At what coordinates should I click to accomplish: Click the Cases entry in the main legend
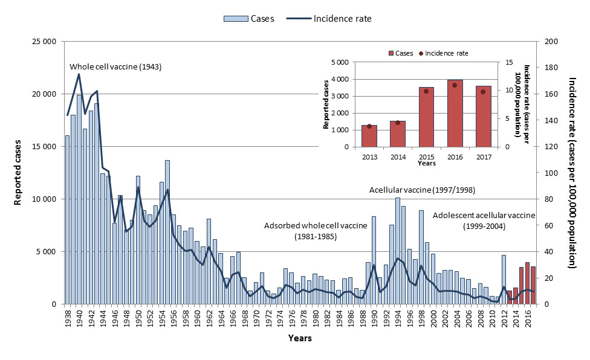[x=249, y=18]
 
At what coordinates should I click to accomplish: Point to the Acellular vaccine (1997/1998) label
[x=423, y=190]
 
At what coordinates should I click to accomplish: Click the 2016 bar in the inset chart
[x=455, y=113]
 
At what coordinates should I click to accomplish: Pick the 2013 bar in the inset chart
[x=369, y=135]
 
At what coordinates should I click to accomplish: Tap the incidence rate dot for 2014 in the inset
[x=398, y=123]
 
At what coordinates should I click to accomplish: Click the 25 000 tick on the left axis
[x=44, y=42]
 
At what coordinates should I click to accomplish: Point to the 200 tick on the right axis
[x=550, y=42]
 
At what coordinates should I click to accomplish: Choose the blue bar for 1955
[x=167, y=232]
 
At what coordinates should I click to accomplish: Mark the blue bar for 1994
[x=397, y=251]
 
